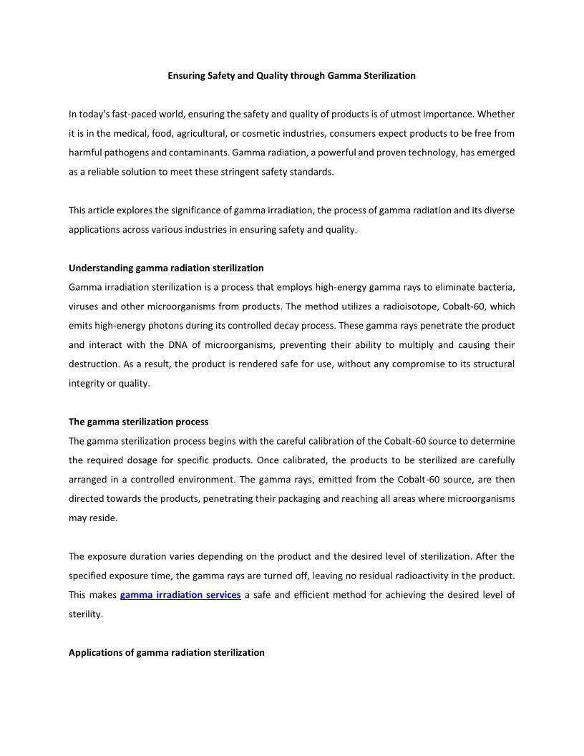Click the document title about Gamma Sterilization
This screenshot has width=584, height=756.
coord(291,75)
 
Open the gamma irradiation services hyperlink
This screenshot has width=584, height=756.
coord(180,595)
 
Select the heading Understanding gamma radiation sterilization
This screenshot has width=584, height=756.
coord(166,268)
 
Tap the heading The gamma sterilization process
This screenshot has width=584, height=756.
coord(139,422)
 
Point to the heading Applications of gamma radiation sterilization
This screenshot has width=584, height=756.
coord(167,653)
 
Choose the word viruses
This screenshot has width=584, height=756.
coord(85,306)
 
